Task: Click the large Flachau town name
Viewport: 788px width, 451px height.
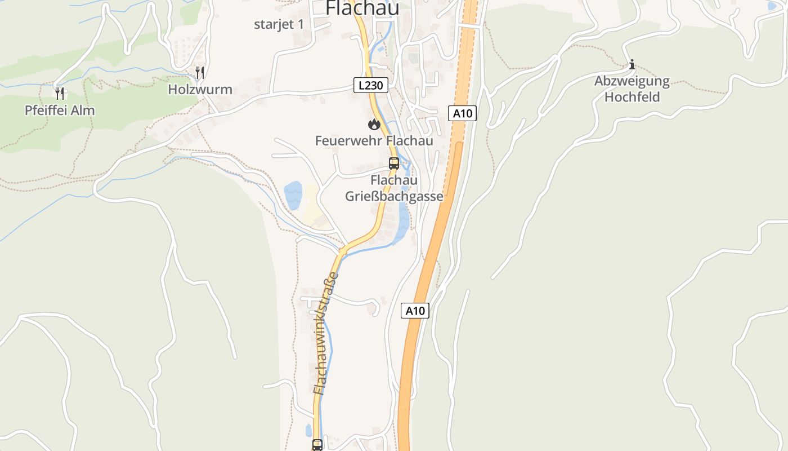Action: point(362,8)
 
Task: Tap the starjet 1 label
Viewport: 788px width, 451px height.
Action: point(279,24)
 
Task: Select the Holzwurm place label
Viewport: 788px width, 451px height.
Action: point(200,90)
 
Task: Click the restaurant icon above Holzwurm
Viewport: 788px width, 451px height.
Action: point(199,72)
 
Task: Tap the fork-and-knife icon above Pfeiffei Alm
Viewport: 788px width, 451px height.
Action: point(60,93)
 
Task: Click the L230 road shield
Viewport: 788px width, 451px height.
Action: point(371,86)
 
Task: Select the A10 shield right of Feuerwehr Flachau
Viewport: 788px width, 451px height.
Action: point(463,113)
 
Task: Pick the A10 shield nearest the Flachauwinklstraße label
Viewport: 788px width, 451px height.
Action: point(415,311)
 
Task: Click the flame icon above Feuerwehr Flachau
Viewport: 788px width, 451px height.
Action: point(374,124)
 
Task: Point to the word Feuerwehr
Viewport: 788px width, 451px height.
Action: point(343,140)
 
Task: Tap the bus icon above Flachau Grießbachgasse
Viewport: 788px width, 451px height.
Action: point(394,163)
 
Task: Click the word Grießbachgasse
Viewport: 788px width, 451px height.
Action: point(394,197)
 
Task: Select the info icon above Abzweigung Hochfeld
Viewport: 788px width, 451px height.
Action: point(632,64)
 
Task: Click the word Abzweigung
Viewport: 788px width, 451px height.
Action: point(632,81)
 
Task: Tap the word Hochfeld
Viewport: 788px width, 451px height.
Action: point(632,96)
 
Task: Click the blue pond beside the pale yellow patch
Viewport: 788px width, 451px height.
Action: point(293,195)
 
